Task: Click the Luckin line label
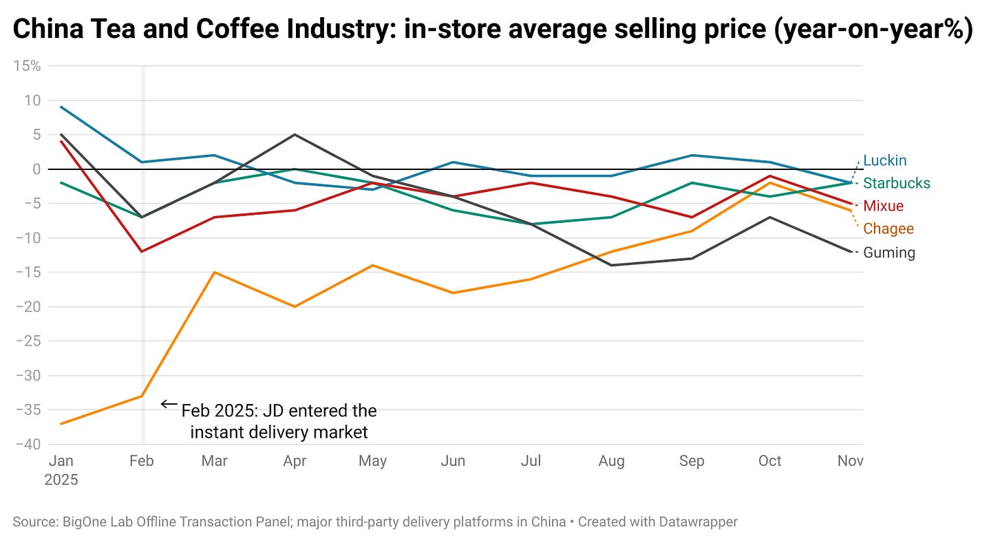click(884, 160)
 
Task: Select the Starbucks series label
click(896, 183)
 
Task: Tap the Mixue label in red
click(883, 206)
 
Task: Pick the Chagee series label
click(888, 228)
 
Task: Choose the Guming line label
click(889, 253)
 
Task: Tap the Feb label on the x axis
click(141, 460)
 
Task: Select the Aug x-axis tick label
click(611, 460)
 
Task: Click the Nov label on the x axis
click(850, 460)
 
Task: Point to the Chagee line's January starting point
click(62, 423)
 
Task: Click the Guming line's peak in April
click(295, 134)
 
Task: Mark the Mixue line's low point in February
click(142, 251)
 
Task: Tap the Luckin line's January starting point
click(62, 107)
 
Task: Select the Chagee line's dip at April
click(295, 306)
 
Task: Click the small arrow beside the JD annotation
click(168, 404)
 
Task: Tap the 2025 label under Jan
click(62, 480)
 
